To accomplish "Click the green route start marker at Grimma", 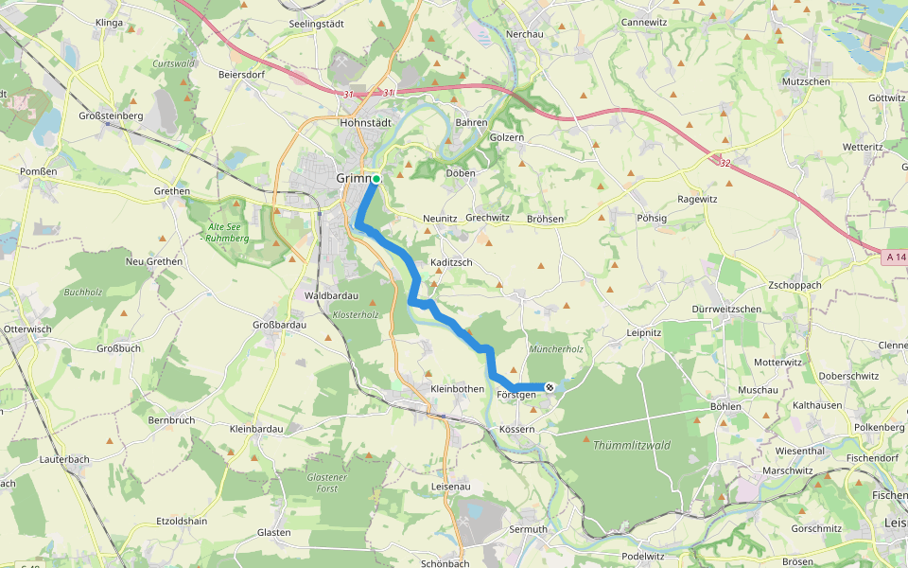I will [x=375, y=179].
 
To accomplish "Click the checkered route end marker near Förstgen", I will [x=550, y=386].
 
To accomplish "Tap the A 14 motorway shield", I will [x=897, y=257].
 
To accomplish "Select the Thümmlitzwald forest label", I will [x=631, y=444].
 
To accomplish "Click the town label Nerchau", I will [x=524, y=33].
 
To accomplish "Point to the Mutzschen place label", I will [x=806, y=82].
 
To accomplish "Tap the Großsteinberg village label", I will [x=111, y=115].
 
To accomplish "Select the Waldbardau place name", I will [x=330, y=294].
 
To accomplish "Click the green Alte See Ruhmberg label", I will [x=227, y=232].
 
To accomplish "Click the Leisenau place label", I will [x=450, y=487].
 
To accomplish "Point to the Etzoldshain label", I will [x=183, y=521].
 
